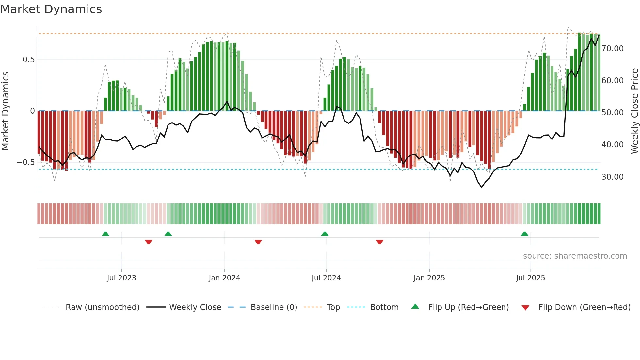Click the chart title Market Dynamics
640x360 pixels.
(x=51, y=9)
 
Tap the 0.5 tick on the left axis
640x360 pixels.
(x=28, y=60)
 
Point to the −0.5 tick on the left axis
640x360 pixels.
(x=26, y=162)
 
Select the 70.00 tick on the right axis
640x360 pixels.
(x=612, y=49)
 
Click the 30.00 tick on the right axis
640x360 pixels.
(x=612, y=177)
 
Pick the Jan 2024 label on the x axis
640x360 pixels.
(x=224, y=278)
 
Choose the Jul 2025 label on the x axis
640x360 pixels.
(x=530, y=278)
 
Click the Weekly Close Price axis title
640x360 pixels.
(x=634, y=111)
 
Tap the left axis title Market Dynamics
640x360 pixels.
(x=5, y=111)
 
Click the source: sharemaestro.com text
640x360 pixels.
(x=575, y=256)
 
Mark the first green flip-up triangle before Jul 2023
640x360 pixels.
(x=105, y=234)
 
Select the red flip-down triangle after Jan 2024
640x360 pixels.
(x=258, y=242)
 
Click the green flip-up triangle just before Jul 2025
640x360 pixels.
(x=524, y=234)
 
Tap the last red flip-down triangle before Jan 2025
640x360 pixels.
(x=379, y=242)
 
